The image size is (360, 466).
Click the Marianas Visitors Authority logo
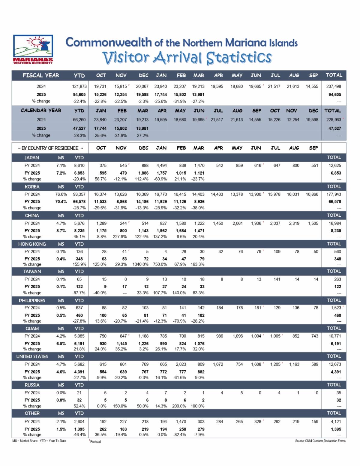tap(33, 49)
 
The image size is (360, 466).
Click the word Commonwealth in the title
tap(109, 42)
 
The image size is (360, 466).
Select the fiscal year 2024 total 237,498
tap(334, 86)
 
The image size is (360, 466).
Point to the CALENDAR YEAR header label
tap(41, 110)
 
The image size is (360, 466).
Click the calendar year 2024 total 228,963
tap(334, 120)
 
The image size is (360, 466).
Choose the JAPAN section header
tap(32, 158)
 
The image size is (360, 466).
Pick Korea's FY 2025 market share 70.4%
tap(61, 202)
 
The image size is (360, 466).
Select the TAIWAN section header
tap(32, 271)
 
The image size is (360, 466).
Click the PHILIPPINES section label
tap(32, 300)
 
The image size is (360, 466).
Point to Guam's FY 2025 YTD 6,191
tap(79, 344)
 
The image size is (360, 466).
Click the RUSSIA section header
tap(32, 385)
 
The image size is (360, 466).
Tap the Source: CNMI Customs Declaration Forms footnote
tap(320, 441)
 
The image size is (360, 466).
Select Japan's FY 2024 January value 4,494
tap(162, 165)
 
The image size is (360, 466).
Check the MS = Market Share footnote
tap(25, 441)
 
